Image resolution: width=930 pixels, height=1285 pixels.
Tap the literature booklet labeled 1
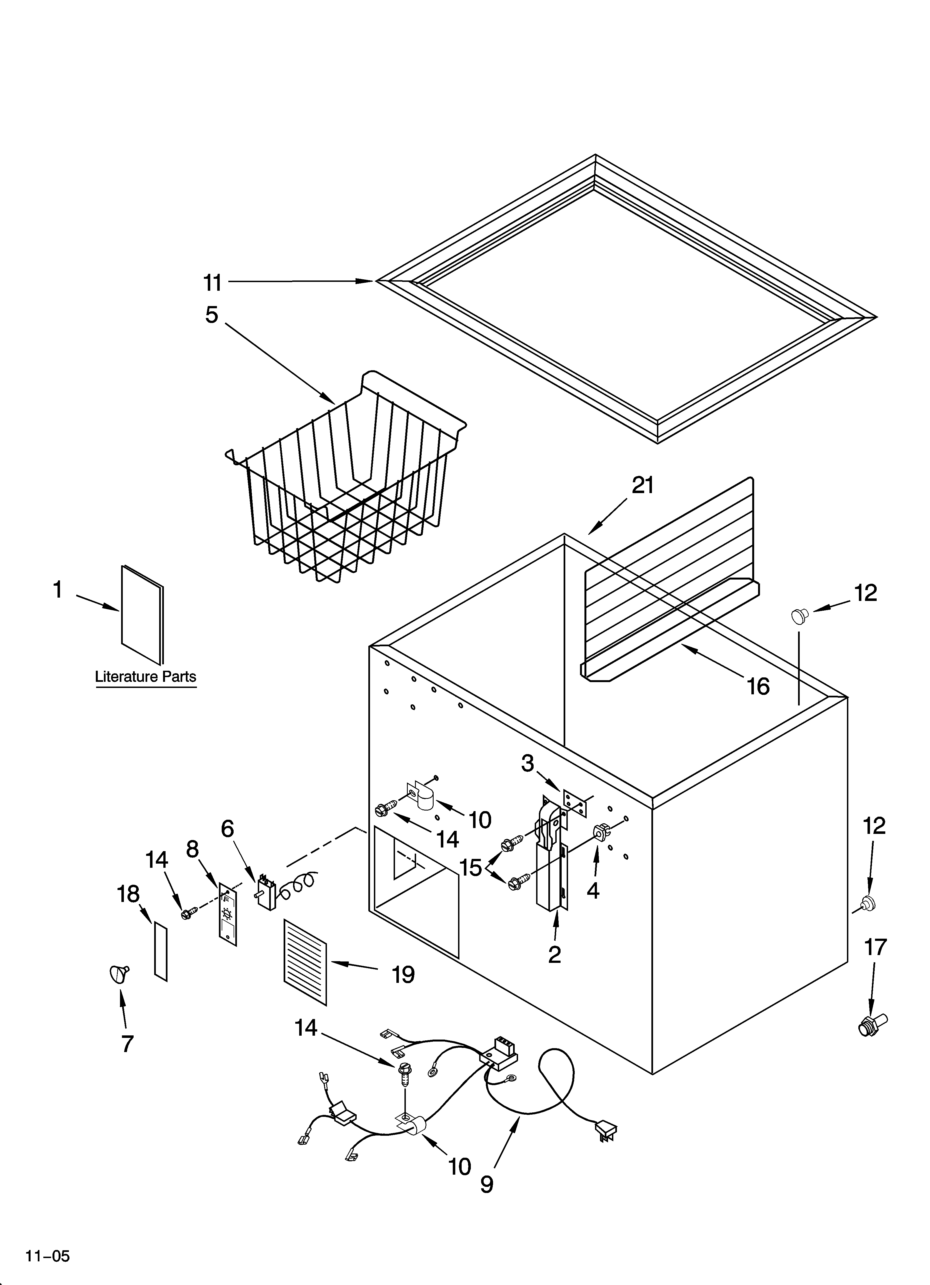tap(142, 615)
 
